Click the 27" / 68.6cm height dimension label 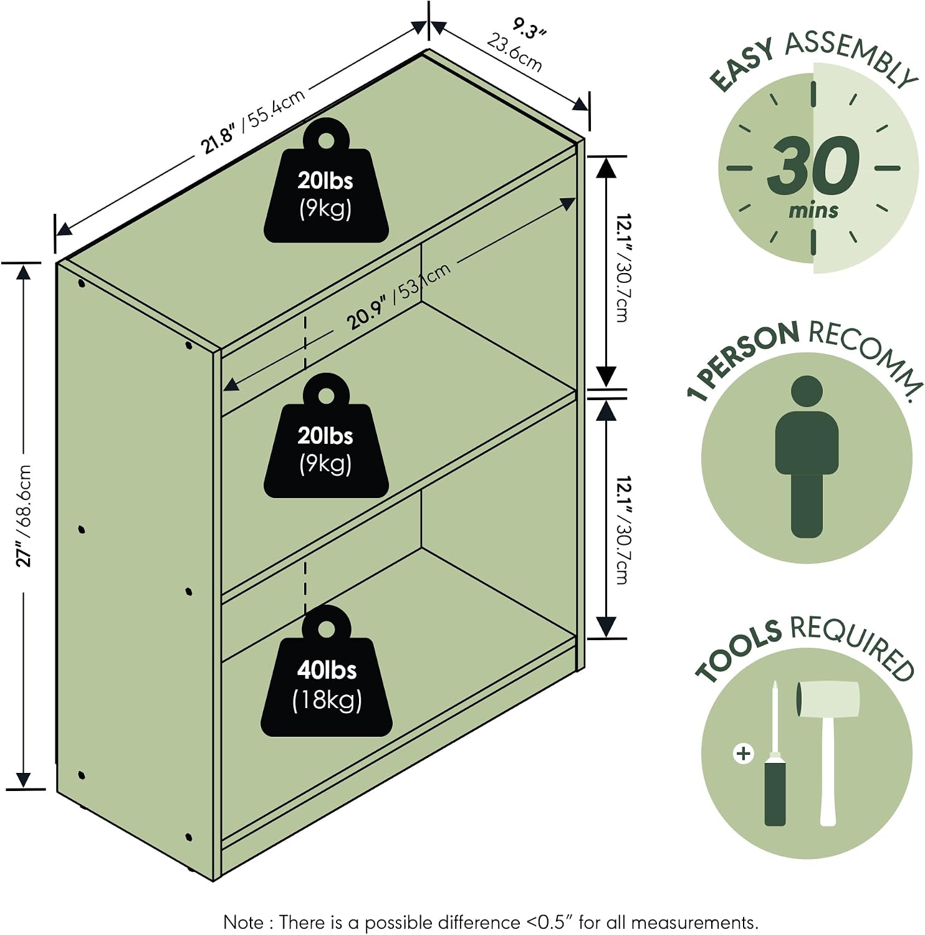point(24,515)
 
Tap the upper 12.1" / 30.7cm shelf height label point(623,268)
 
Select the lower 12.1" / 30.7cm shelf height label point(623,530)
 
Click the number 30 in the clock point(813,165)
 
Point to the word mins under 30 point(813,210)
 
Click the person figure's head point(807,392)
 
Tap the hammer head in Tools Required point(828,698)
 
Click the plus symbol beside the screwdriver point(743,754)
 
